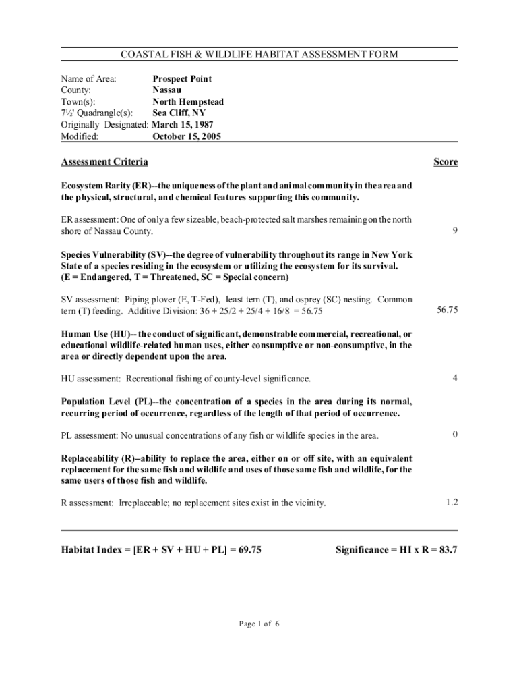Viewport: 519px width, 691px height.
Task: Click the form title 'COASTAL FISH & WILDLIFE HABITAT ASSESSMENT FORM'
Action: pos(259,54)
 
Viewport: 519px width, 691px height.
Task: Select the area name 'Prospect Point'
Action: pos(182,79)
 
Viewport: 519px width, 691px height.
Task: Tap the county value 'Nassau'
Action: pos(166,90)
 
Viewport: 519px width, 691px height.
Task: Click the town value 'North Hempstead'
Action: pos(188,102)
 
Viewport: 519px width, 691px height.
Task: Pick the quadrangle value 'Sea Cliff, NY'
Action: pos(179,113)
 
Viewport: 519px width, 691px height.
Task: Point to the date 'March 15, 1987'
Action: pos(183,125)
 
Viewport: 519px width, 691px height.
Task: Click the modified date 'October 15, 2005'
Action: pos(187,136)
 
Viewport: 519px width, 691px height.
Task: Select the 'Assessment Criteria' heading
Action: pos(104,162)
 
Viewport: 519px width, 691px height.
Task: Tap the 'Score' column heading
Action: pos(446,162)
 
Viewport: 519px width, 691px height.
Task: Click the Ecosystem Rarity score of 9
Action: pos(455,231)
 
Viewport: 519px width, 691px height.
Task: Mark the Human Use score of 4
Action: pos(455,378)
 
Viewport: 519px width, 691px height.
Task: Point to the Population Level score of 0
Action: pos(455,435)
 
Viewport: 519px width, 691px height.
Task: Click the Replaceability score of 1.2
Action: pos(452,503)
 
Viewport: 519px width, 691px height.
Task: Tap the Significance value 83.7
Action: pos(447,550)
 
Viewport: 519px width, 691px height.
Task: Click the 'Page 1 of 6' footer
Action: pos(259,624)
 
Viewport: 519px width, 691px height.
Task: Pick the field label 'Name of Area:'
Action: pos(89,79)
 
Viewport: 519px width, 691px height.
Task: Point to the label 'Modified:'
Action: pos(80,136)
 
